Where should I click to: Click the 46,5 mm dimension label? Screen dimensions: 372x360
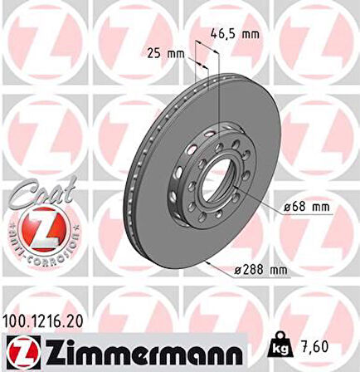tap(234, 34)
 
